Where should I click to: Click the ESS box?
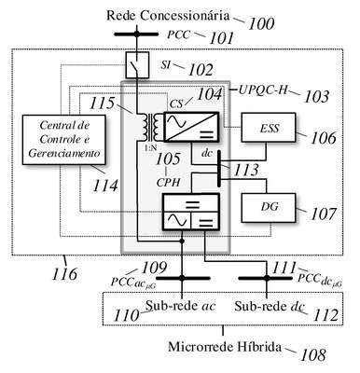(269, 128)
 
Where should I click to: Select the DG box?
(269, 208)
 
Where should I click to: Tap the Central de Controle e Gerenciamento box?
(64, 140)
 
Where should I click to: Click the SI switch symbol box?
(137, 64)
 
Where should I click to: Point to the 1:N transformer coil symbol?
(152, 127)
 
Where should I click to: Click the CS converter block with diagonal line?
(191, 127)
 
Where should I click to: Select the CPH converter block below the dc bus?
(191, 212)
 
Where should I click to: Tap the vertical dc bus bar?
(219, 169)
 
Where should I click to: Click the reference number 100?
(261, 24)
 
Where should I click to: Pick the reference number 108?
(312, 354)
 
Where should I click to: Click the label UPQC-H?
(263, 90)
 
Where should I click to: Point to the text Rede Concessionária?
(168, 16)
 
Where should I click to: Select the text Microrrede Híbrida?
(225, 347)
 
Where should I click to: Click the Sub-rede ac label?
(181, 306)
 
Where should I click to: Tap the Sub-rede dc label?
(270, 306)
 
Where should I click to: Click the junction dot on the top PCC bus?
(137, 35)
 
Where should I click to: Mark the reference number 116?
(64, 274)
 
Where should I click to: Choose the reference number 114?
(105, 186)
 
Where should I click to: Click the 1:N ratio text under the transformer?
(150, 148)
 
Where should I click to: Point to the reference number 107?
(324, 214)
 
